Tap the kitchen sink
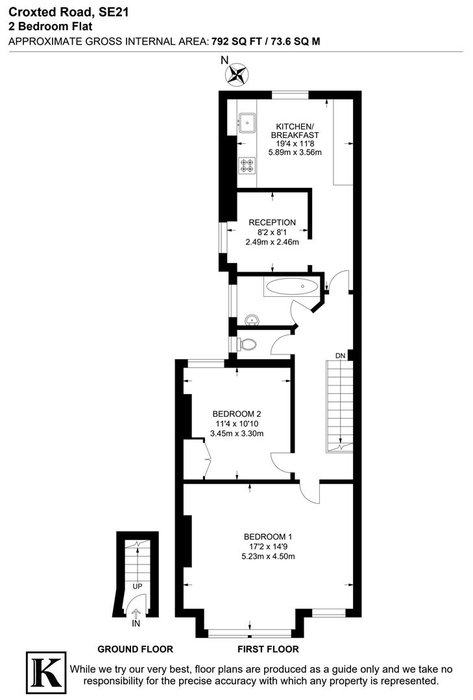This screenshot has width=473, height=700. coord(247,119)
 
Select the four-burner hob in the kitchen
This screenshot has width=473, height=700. coord(247,165)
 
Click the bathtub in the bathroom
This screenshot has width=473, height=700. coord(291,286)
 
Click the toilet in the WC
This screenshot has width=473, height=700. coord(247,344)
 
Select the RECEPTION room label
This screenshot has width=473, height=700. coord(272,222)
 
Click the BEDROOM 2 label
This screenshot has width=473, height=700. coord(237,414)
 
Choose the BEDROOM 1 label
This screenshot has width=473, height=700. coord(268,537)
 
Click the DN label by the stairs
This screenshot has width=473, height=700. coord(340,355)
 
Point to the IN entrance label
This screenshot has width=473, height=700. coord(136,624)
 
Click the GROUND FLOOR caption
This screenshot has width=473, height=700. coord(135,649)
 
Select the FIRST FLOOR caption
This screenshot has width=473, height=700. coord(269,649)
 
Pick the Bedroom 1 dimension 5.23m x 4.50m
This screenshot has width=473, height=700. coord(268,556)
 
